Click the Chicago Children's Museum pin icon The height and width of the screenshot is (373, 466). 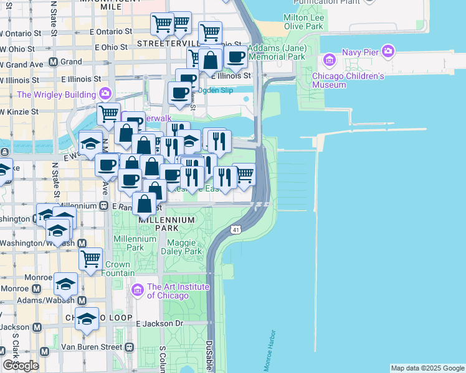(328, 60)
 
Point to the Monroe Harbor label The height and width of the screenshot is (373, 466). (270, 351)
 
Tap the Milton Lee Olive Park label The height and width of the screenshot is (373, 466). (303, 22)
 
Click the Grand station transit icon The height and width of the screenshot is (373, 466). (53, 62)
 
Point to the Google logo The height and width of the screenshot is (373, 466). (21, 366)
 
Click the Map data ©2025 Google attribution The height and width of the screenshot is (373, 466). (427, 368)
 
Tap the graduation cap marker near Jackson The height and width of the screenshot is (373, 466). (87, 318)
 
